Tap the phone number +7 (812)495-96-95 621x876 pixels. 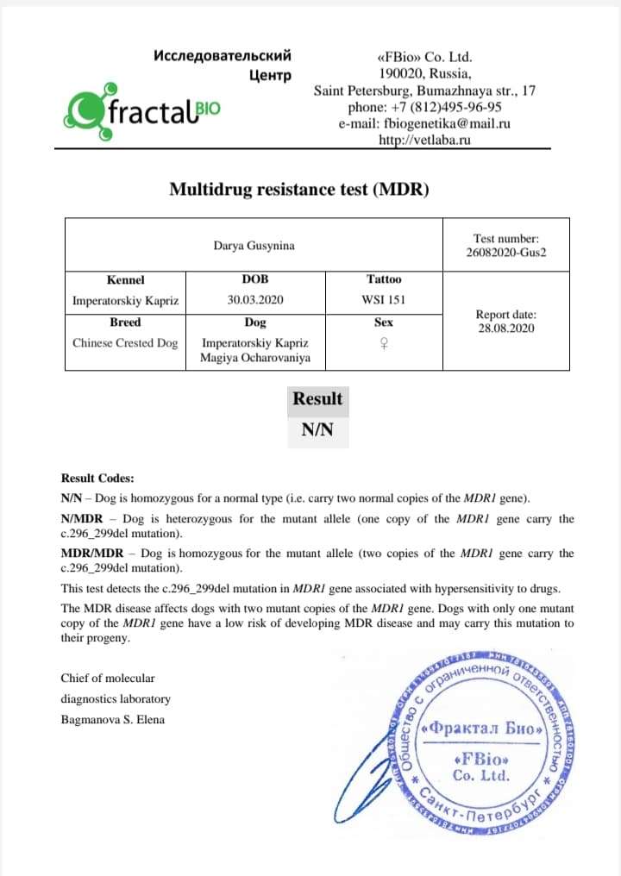click(424, 107)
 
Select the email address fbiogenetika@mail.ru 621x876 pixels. click(424, 123)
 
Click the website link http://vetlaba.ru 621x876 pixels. click(424, 140)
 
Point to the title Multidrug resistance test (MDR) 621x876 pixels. click(298, 190)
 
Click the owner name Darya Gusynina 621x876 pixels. click(254, 246)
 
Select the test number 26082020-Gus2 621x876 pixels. click(506, 253)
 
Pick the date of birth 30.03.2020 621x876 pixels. click(255, 301)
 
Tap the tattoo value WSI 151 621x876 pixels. click(383, 301)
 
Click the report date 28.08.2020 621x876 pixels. click(506, 328)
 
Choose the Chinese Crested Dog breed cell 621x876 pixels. click(125, 343)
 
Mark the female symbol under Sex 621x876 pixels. click(383, 343)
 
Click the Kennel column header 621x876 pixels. click(126, 279)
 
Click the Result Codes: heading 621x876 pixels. click(97, 479)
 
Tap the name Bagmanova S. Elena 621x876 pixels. click(112, 719)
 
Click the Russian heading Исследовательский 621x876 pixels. click(222, 56)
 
